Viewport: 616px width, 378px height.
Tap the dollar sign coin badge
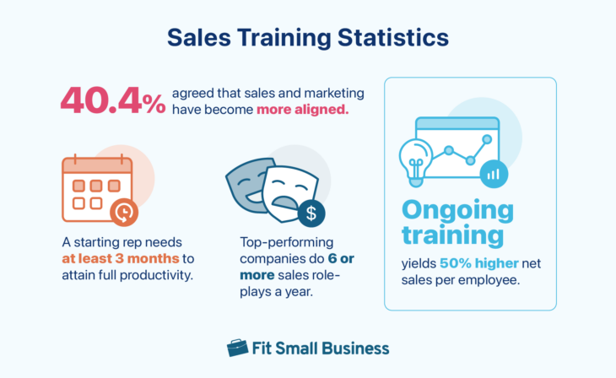pyautogui.click(x=311, y=213)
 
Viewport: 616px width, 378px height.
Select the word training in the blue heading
pyautogui.click(x=453, y=235)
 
